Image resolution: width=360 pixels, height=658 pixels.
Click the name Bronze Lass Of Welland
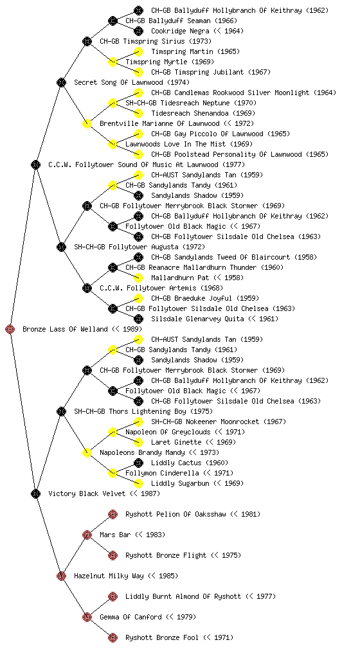[65, 329]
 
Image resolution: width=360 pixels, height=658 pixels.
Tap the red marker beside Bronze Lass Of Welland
[10, 329]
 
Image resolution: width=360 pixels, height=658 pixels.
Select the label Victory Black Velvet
[87, 493]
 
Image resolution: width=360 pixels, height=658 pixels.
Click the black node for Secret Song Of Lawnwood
[61, 82]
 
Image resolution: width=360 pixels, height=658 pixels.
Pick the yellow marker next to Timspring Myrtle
[113, 62]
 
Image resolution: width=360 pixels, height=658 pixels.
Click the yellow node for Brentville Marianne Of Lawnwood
[87, 123]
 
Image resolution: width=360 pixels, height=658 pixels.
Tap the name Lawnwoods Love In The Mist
[175, 144]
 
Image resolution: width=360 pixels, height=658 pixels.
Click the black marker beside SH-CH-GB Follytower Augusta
[61, 247]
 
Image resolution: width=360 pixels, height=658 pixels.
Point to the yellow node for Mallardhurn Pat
[138, 278]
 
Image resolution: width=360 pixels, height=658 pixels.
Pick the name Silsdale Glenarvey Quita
[197, 319]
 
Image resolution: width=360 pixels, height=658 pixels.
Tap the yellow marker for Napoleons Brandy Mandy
[87, 452]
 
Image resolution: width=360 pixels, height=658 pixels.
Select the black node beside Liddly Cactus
[138, 463]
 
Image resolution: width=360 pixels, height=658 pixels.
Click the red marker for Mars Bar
[87, 535]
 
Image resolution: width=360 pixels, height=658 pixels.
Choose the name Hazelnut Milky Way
[109, 576]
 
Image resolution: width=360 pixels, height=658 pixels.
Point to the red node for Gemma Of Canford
[87, 617]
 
